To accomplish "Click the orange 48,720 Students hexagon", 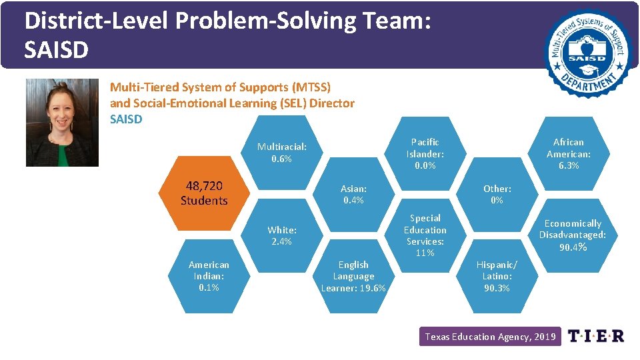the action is pyautogui.click(x=204, y=193).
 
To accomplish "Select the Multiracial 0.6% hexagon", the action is pyautogui.click(x=282, y=153).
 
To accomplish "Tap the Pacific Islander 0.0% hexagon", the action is pyautogui.click(x=425, y=153).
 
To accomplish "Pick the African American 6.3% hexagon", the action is pyautogui.click(x=569, y=153).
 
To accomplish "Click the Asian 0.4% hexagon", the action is pyautogui.click(x=353, y=195).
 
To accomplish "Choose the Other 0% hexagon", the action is pyautogui.click(x=497, y=195).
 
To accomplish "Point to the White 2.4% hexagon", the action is pyautogui.click(x=282, y=235).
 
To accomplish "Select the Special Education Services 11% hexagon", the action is pyautogui.click(x=425, y=235).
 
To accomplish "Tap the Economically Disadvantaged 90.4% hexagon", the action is pyautogui.click(x=573, y=235).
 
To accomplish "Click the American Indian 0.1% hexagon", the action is pyautogui.click(x=208, y=276).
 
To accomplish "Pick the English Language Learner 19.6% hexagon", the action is pyautogui.click(x=353, y=276).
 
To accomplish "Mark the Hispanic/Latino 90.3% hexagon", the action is pyautogui.click(x=497, y=276).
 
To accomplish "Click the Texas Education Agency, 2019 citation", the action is pyautogui.click(x=490, y=337).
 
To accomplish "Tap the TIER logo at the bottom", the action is pyautogui.click(x=595, y=336).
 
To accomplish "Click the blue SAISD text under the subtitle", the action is pyautogui.click(x=126, y=119).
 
